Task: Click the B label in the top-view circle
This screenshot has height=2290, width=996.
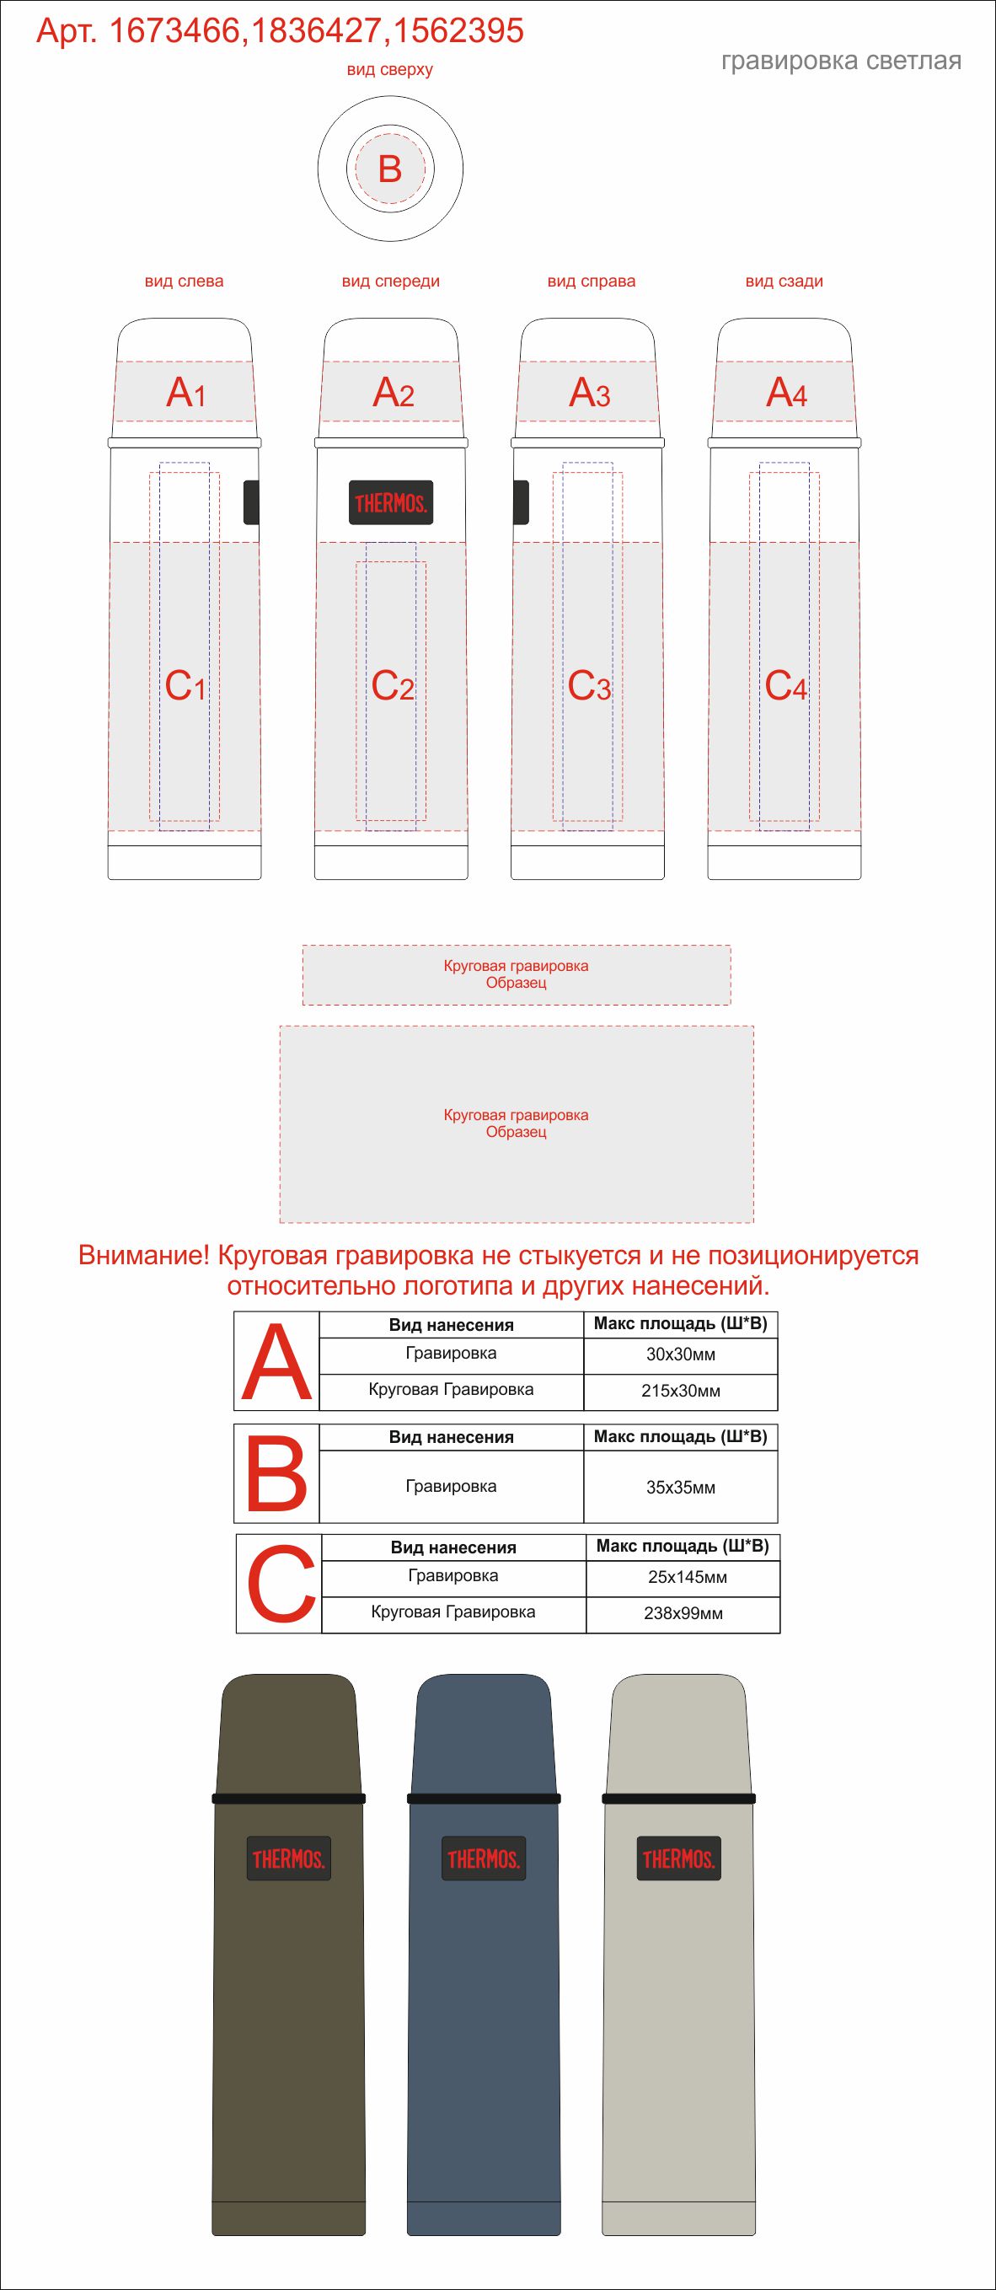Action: click(x=390, y=169)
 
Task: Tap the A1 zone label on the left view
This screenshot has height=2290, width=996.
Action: click(x=186, y=392)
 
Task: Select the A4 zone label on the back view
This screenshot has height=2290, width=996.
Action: click(x=786, y=392)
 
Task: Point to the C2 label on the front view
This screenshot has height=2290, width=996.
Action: click(x=393, y=685)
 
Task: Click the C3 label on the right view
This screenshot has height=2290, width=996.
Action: click(x=589, y=685)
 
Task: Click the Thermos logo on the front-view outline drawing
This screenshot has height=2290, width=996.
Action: click(x=391, y=503)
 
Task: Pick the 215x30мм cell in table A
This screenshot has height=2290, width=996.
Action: click(x=681, y=1392)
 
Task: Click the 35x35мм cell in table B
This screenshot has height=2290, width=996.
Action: click(x=681, y=1488)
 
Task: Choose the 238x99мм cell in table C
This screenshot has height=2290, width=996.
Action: click(x=683, y=1613)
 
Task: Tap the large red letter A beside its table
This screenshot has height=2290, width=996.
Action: click(x=276, y=1362)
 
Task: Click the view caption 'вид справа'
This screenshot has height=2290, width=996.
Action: click(x=591, y=282)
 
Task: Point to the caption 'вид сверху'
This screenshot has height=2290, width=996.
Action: click(x=389, y=70)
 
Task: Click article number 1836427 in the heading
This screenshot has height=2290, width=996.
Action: click(x=316, y=32)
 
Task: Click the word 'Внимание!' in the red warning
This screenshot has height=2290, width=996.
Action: click(x=144, y=1255)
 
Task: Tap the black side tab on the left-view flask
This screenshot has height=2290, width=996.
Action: click(x=250, y=501)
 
